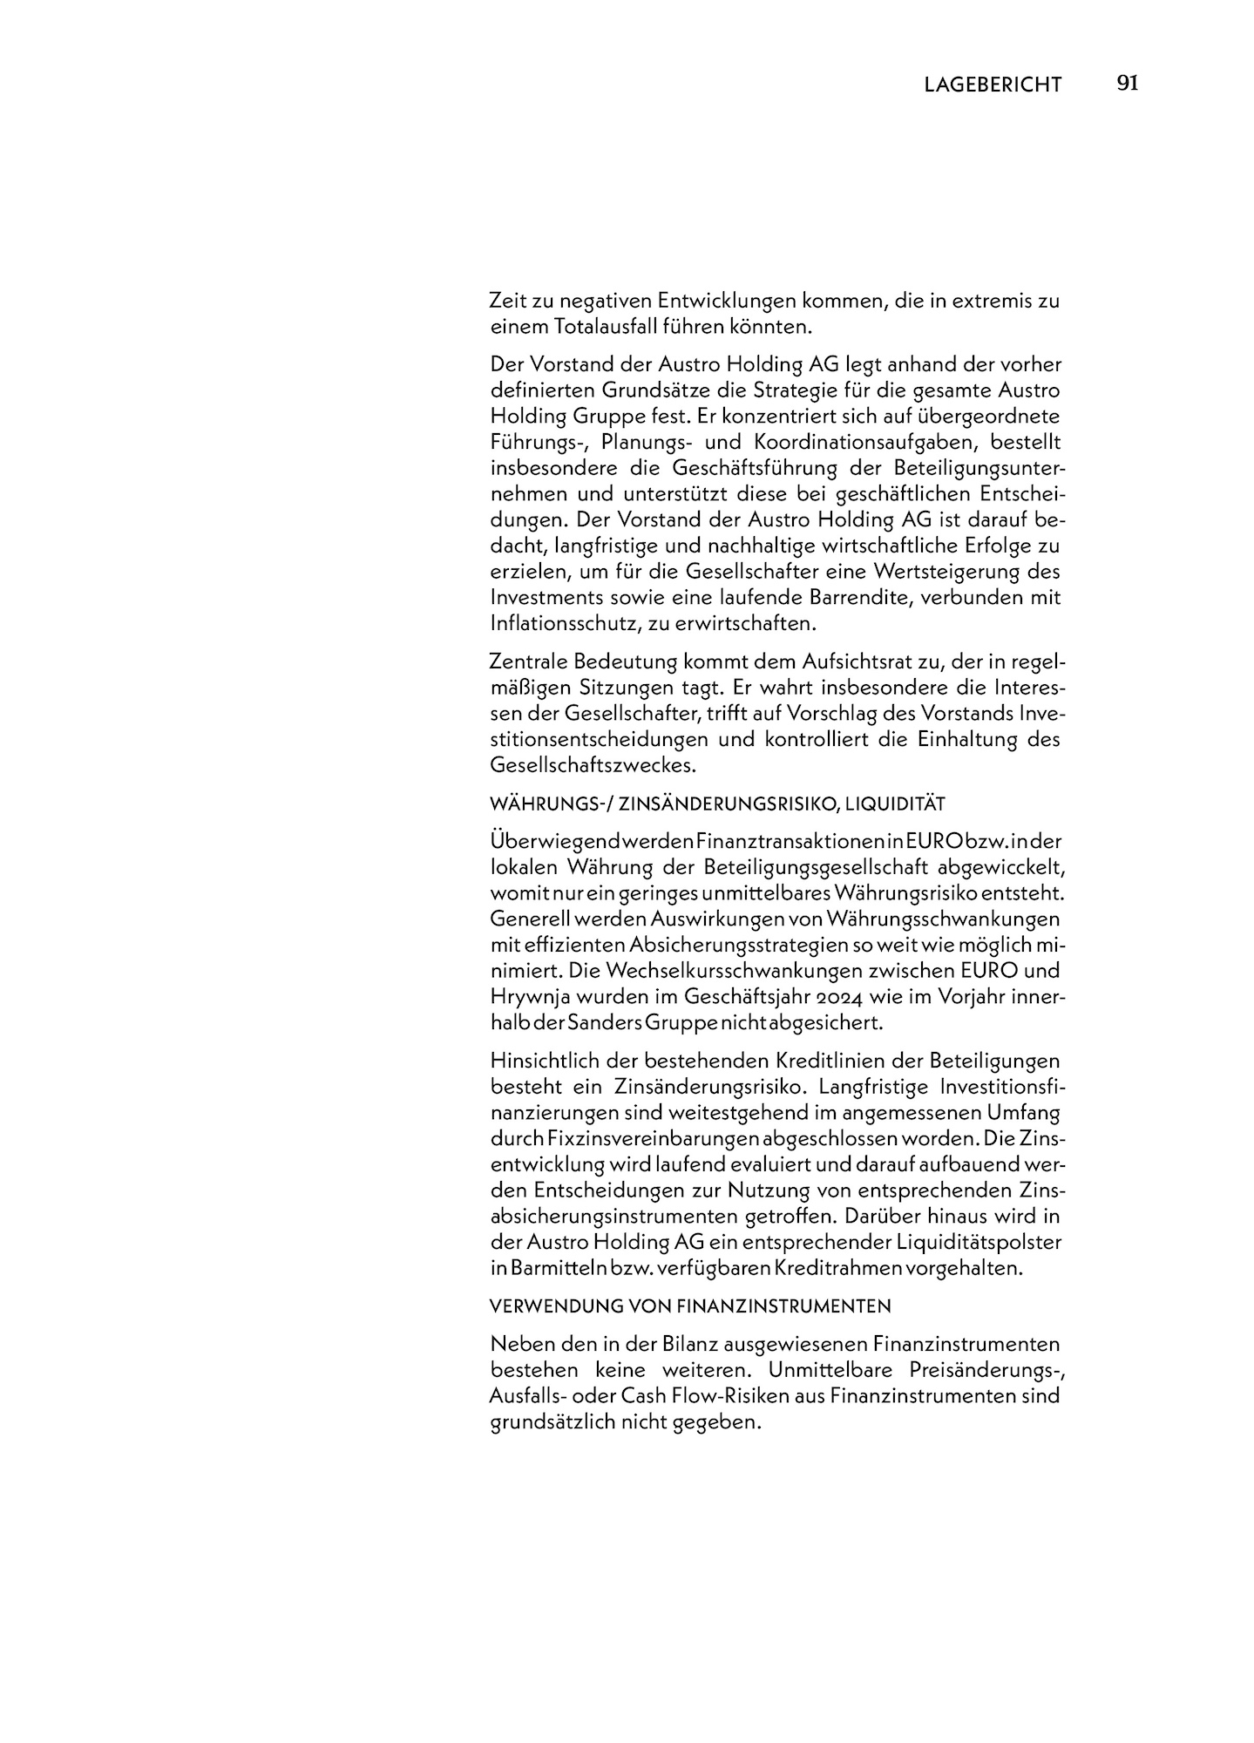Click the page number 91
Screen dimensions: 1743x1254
coord(1127,84)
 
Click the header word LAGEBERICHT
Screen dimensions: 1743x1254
coord(993,85)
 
